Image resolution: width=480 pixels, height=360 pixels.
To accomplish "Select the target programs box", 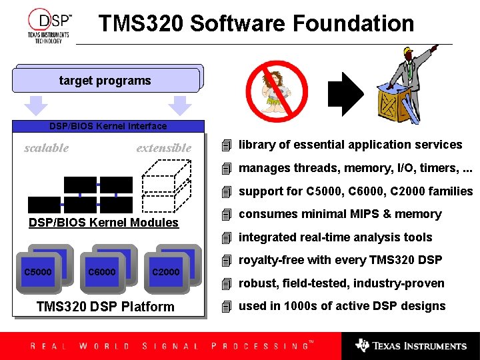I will tap(105, 81).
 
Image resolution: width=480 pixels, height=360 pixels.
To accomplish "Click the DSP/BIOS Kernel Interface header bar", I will tap(108, 126).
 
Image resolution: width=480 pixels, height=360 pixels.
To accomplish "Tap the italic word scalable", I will tap(46, 148).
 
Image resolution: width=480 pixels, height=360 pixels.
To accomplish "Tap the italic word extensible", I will tap(163, 148).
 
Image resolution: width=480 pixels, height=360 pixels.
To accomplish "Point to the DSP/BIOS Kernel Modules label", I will tap(103, 223).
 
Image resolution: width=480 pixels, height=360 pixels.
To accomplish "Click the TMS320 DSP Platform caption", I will tap(105, 307).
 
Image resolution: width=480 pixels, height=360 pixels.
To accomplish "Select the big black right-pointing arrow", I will tap(347, 91).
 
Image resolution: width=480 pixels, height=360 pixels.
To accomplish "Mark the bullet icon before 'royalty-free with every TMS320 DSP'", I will tap(227, 260).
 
